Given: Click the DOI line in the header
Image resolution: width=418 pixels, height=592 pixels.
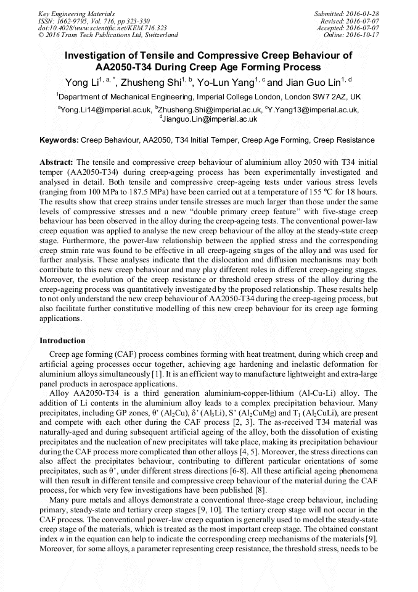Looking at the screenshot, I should pos(102,28).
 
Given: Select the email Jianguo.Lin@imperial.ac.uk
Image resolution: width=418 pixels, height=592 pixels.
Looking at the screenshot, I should pos(210,119).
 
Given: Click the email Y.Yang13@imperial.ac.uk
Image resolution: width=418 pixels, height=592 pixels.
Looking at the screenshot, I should pos(314,109).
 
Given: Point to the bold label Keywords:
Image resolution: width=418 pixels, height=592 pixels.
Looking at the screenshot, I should pos(59,140).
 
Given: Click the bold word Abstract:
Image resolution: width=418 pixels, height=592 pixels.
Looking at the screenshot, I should pos(56,161).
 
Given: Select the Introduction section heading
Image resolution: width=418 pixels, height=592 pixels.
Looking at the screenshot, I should pos(62,340).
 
